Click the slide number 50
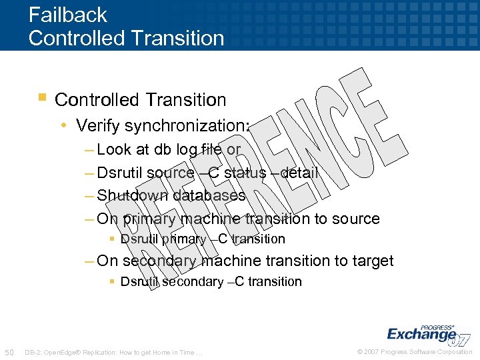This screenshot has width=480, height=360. point(9,352)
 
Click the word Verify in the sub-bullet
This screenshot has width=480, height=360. point(96,125)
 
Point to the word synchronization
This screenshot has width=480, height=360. point(186,125)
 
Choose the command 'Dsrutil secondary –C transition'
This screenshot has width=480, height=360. point(211,281)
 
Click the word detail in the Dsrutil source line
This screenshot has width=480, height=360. point(298,173)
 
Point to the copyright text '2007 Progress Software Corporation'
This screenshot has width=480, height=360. point(419,352)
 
